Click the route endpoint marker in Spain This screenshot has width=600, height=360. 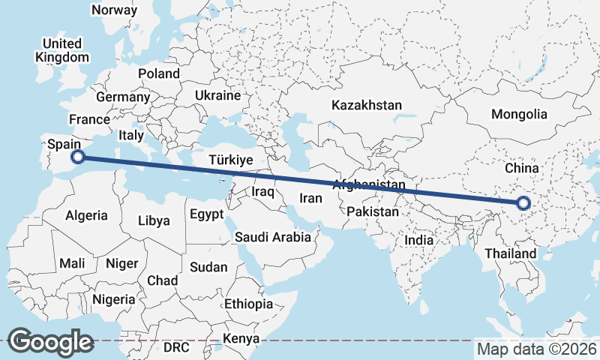(77, 157)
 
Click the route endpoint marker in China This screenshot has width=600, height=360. (523, 202)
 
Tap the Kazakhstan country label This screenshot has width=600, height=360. (367, 105)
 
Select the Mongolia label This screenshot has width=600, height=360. (519, 115)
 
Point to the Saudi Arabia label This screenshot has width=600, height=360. (272, 238)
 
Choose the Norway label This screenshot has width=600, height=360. (114, 10)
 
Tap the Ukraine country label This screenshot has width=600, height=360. (217, 96)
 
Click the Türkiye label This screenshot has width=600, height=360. (231, 160)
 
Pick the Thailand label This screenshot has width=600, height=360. (510, 253)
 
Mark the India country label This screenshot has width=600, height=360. (420, 241)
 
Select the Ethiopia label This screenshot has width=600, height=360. (248, 304)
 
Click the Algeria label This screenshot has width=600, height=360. (87, 215)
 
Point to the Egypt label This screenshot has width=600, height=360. (206, 214)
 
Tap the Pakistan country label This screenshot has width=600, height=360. (373, 211)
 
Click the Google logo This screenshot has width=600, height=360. (50, 342)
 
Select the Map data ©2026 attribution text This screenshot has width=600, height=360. (536, 349)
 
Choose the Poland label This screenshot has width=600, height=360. (159, 73)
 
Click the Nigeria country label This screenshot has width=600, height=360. (114, 299)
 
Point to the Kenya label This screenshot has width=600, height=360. (241, 339)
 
